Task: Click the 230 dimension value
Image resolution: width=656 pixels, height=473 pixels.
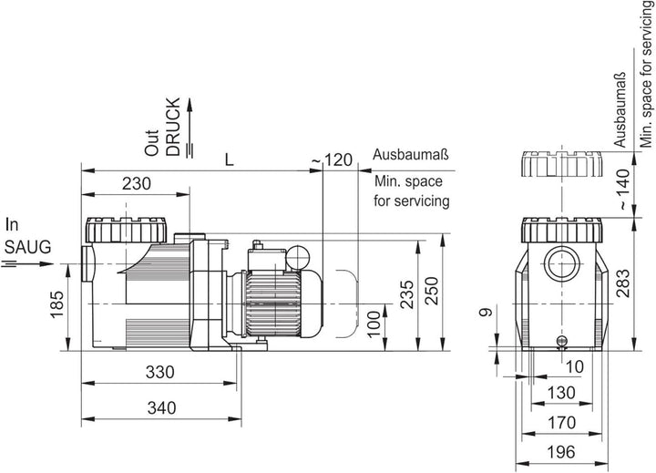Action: [x=137, y=183]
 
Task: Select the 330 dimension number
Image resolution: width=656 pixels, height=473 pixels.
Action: [x=159, y=372]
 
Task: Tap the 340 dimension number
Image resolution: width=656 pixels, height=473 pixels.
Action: [x=161, y=407]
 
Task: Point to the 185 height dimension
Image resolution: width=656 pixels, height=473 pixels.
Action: [x=56, y=304]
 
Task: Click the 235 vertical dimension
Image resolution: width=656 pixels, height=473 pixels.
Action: [x=406, y=294]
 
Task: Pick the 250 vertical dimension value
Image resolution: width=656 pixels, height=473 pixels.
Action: [x=431, y=291]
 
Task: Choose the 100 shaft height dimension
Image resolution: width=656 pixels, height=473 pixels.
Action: [x=374, y=324]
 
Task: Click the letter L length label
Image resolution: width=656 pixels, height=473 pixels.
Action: [x=230, y=159]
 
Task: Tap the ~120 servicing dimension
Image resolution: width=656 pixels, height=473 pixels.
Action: [x=333, y=159]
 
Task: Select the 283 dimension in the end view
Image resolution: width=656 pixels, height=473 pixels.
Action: [x=623, y=283]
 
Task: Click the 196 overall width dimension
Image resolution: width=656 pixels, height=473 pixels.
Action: [x=561, y=452]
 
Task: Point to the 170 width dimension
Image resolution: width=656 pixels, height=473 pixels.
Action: [x=561, y=422]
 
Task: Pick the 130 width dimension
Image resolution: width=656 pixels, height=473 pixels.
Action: [x=561, y=393]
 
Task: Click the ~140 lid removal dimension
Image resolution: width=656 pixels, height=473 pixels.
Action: [x=623, y=190]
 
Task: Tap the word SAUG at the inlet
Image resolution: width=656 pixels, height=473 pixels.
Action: [x=27, y=247]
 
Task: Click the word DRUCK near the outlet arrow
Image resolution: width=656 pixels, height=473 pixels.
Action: [x=173, y=127]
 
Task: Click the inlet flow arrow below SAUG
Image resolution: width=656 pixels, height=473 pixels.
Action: [x=28, y=263]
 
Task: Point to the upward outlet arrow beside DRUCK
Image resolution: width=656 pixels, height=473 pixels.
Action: [x=190, y=129]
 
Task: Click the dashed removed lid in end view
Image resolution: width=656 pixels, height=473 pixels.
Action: [x=561, y=164]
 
